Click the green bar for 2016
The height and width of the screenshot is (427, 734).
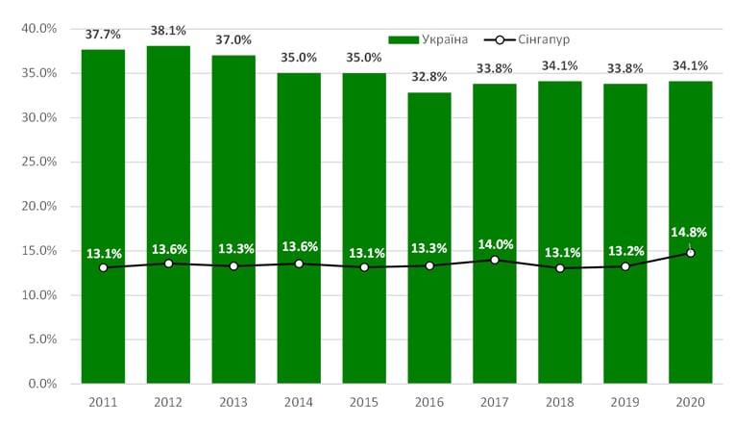pyautogui.click(x=429, y=238)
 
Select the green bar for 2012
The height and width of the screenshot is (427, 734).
pyautogui.click(x=168, y=214)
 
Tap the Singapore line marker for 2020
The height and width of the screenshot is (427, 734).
pyautogui.click(x=691, y=253)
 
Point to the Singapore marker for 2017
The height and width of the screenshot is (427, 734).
pyautogui.click(x=495, y=260)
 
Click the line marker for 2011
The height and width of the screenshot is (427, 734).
pyautogui.click(x=104, y=267)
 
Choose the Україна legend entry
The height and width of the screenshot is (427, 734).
pyautogui.click(x=428, y=39)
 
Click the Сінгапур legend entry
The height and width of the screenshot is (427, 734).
pyautogui.click(x=526, y=39)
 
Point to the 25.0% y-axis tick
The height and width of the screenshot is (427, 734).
pyautogui.click(x=39, y=162)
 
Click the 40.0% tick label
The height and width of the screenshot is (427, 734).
pyautogui.click(x=39, y=29)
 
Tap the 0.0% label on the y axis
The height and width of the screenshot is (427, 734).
pyautogui.click(x=42, y=384)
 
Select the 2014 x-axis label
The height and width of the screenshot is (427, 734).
pyautogui.click(x=299, y=402)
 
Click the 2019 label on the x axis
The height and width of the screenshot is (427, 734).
pyautogui.click(x=624, y=402)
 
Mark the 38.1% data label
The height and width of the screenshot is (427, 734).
pyautogui.click(x=168, y=31)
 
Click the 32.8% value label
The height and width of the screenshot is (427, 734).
pyautogui.click(x=429, y=76)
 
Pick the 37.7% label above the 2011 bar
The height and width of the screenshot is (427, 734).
pyautogui.click(x=103, y=35)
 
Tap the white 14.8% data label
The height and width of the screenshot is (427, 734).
pyautogui.click(x=689, y=232)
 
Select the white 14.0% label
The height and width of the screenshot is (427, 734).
pyautogui.click(x=496, y=244)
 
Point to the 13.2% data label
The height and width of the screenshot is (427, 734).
pyautogui.click(x=626, y=251)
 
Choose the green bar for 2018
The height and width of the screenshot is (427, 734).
pyautogui.click(x=560, y=232)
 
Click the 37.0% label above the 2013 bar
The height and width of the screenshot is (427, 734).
pyautogui.click(x=233, y=39)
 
